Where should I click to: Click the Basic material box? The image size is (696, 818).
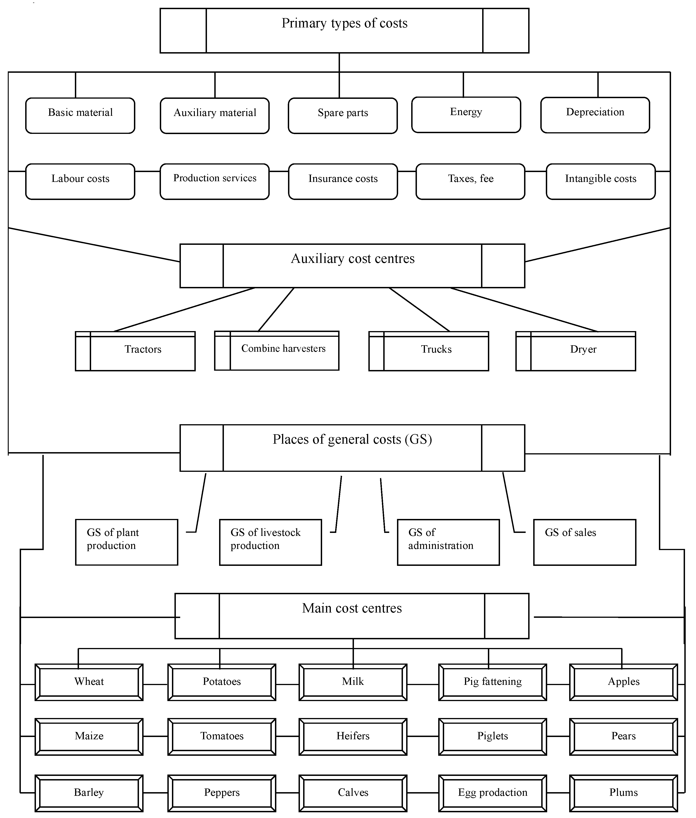80,116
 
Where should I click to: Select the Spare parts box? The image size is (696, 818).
343,116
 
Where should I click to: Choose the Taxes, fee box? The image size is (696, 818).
470,181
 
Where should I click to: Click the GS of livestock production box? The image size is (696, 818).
270,542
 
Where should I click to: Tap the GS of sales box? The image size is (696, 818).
584,542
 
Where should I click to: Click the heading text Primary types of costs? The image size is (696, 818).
344,23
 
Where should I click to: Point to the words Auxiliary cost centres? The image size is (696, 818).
352,259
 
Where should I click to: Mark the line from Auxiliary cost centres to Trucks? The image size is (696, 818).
419,309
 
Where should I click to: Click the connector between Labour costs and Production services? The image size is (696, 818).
147,171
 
